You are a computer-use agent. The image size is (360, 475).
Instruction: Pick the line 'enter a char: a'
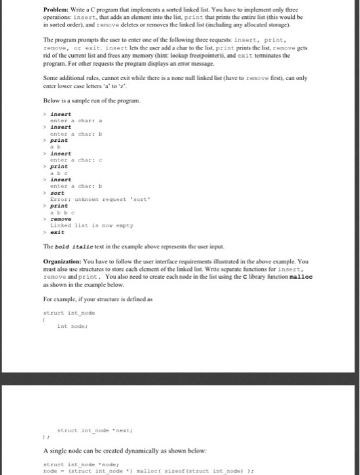click(x=75, y=121)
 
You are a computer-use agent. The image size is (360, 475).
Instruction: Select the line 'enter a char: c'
click(x=75, y=159)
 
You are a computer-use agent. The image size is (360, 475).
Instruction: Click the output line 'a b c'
click(x=60, y=172)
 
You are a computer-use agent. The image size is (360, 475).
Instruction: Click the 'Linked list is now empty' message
click(x=92, y=225)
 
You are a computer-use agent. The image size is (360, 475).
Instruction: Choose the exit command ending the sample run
click(x=57, y=231)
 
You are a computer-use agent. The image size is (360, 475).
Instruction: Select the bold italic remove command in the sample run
click(x=61, y=218)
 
